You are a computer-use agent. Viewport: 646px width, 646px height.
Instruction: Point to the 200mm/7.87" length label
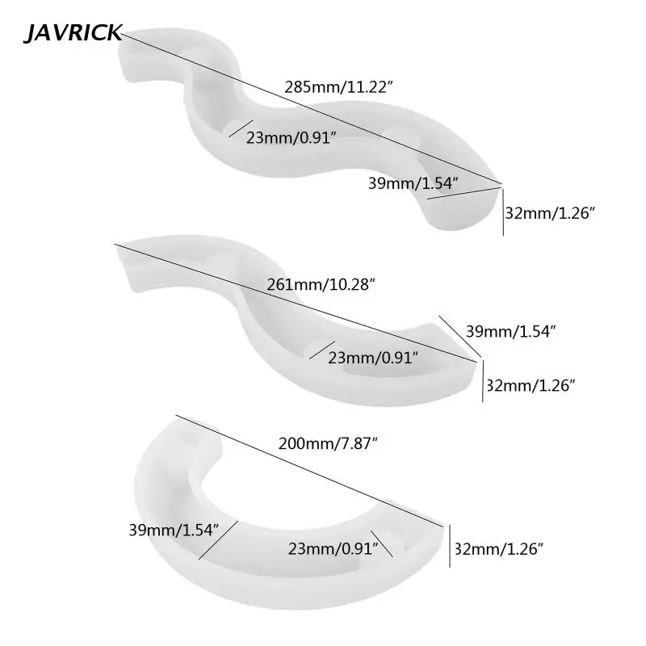(x=326, y=443)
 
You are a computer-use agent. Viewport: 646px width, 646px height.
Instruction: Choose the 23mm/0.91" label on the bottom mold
(x=333, y=549)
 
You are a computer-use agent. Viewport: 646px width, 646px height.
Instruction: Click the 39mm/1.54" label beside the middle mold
(x=510, y=330)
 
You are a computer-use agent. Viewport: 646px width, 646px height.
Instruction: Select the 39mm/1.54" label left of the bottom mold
(x=174, y=531)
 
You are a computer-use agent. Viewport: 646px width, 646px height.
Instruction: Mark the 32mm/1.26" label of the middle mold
(x=530, y=385)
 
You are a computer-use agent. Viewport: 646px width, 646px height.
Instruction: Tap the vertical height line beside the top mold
(x=503, y=212)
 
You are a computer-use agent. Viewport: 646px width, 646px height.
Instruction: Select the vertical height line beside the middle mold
(x=482, y=386)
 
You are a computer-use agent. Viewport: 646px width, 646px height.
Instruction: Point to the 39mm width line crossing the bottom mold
(x=218, y=541)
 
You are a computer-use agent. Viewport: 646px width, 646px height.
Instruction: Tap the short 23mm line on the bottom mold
(x=381, y=543)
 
